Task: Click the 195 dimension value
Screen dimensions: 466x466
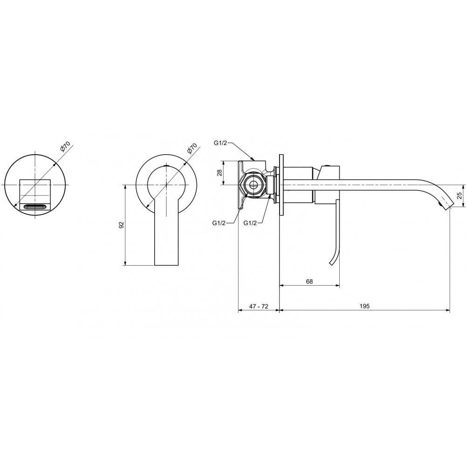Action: coord(364,306)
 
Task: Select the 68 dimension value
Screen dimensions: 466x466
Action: coord(309,281)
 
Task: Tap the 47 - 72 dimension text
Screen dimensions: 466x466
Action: coord(259,306)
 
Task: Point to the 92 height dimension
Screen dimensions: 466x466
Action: coord(121,225)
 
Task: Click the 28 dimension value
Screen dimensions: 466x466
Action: coord(219,173)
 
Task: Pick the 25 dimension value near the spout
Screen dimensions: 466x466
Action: coord(459,195)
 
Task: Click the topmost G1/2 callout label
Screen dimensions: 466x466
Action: coord(220,143)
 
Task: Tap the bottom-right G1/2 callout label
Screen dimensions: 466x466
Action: coord(250,223)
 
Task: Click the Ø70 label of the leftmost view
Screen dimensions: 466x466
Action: coord(65,147)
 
